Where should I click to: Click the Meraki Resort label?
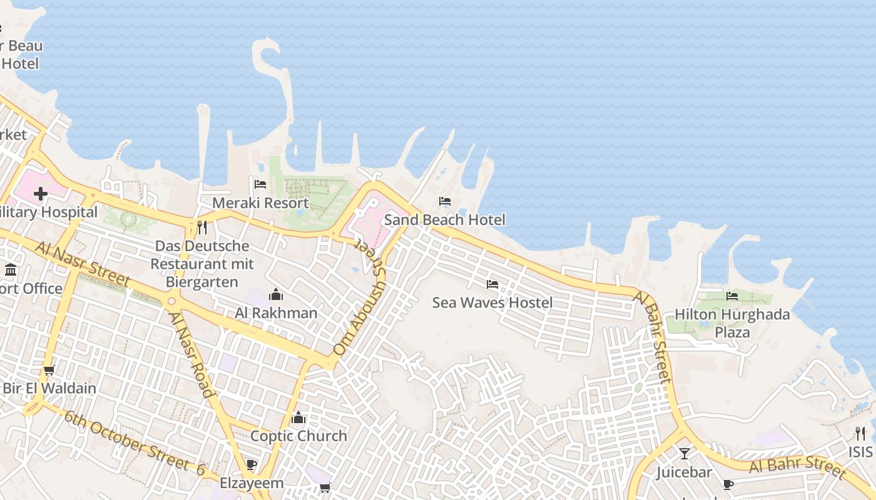click(x=260, y=203)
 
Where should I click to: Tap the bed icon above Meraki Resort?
click(x=260, y=184)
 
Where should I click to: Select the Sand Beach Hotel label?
click(x=444, y=220)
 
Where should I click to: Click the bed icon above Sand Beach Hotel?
click(x=445, y=201)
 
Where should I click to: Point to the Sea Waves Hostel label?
click(x=492, y=303)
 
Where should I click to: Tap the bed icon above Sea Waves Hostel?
click(x=492, y=284)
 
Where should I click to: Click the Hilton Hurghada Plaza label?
click(x=732, y=323)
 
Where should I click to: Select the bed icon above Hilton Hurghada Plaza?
click(x=732, y=296)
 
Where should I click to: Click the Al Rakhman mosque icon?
click(x=276, y=294)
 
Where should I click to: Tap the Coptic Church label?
click(x=298, y=436)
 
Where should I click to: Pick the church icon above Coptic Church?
click(x=298, y=417)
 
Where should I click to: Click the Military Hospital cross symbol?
click(x=41, y=194)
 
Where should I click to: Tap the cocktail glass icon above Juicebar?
click(x=685, y=453)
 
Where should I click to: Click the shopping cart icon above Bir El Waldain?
click(x=49, y=370)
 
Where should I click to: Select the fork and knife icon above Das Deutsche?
click(x=201, y=227)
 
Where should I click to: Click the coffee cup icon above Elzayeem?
click(x=251, y=464)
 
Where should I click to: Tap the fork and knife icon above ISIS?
click(x=860, y=433)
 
